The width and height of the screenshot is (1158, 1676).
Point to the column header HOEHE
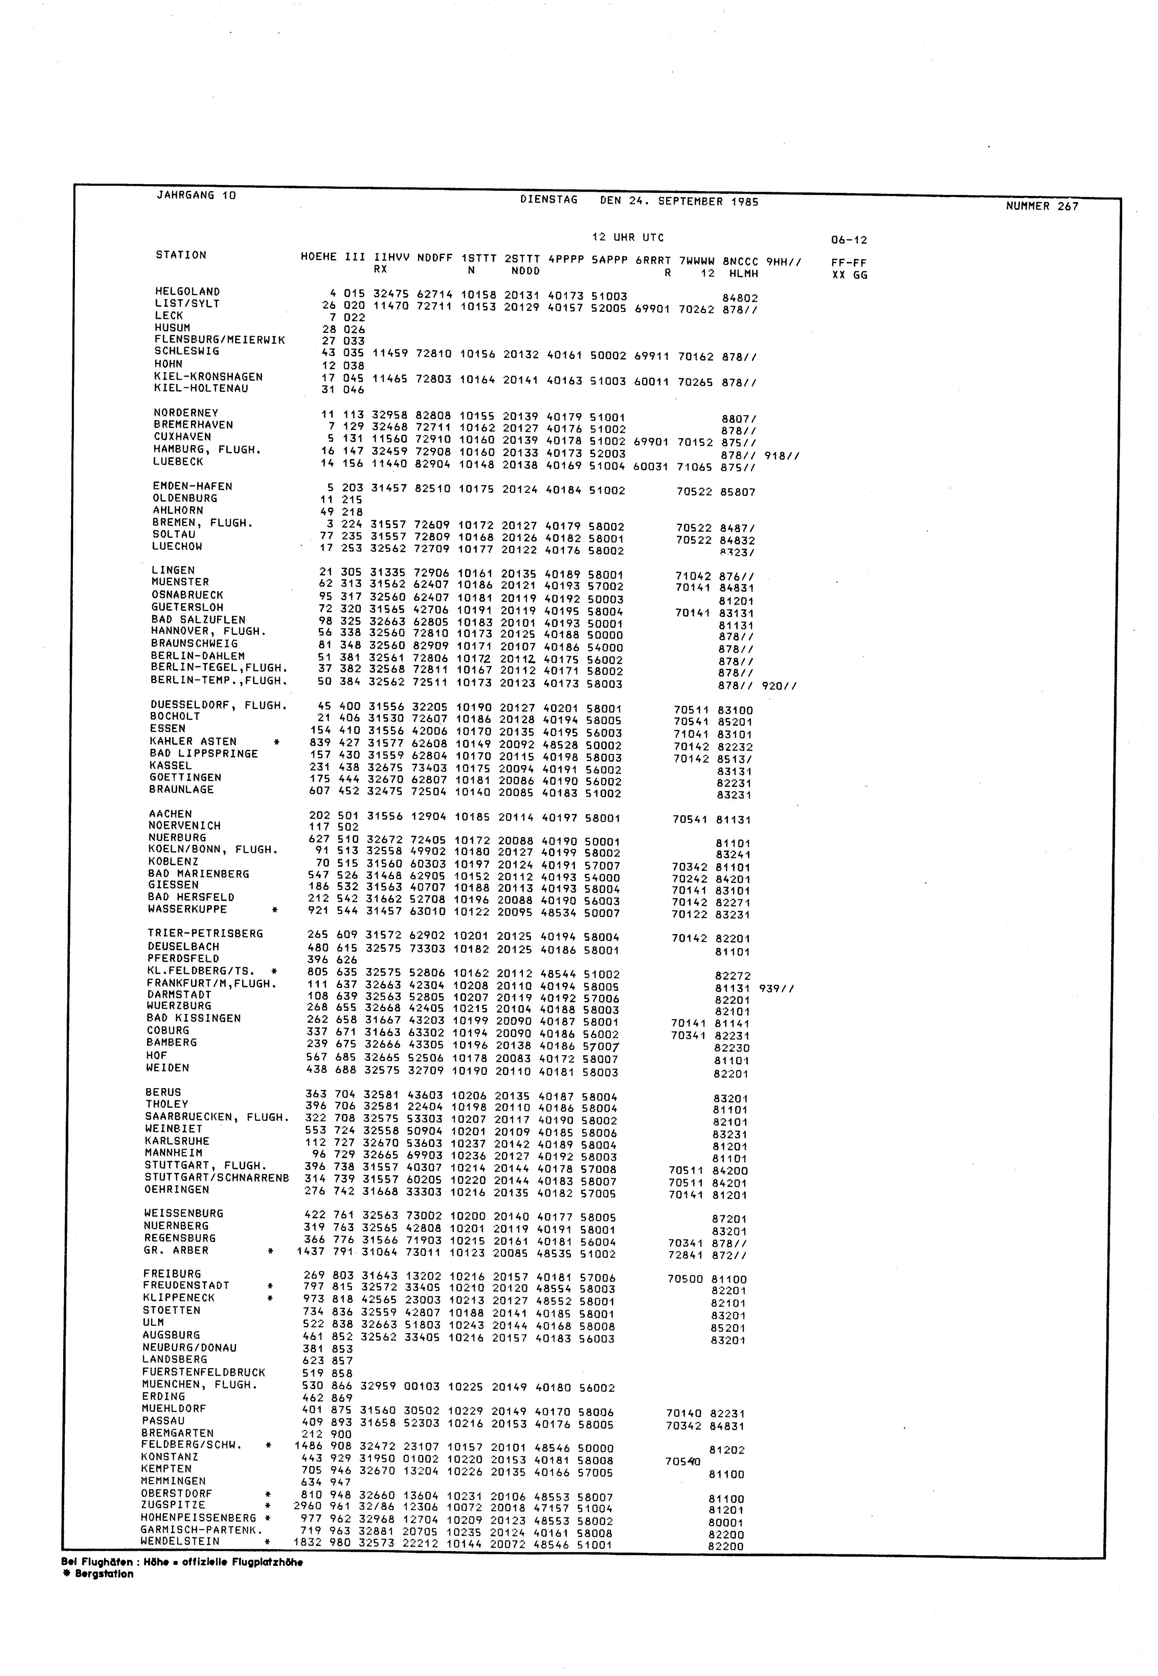tap(319, 258)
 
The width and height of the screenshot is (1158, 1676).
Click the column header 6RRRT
tap(653, 260)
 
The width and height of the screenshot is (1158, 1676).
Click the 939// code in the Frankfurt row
tap(776, 988)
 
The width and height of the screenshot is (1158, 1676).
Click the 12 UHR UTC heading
tap(628, 238)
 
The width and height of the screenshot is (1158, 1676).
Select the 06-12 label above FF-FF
tap(849, 240)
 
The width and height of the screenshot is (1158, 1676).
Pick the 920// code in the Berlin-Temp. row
tap(779, 685)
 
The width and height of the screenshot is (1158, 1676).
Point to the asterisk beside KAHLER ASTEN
tap(276, 742)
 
